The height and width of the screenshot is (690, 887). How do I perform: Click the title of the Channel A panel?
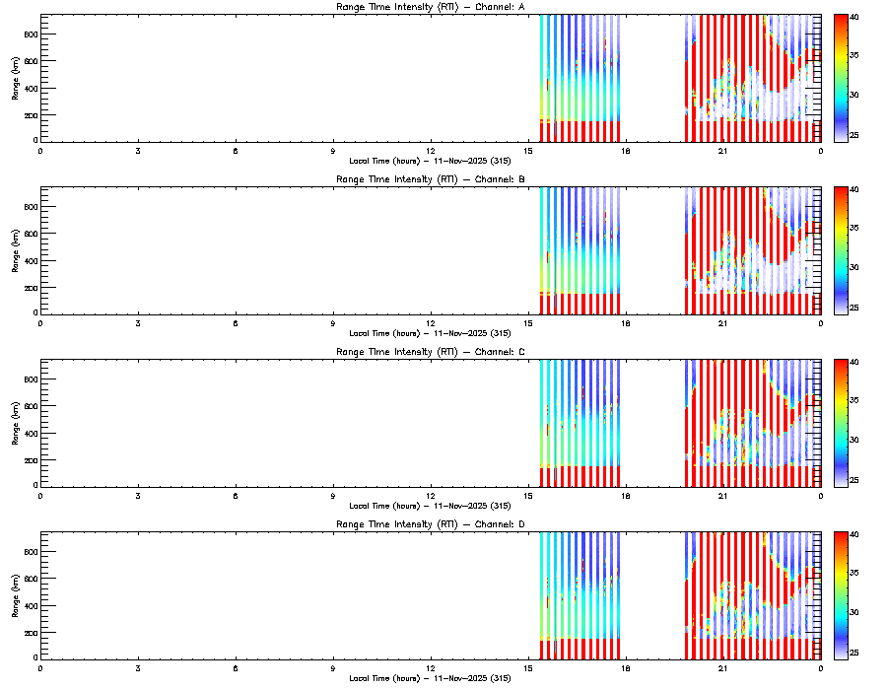[430, 8]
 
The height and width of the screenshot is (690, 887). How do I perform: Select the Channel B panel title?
[430, 180]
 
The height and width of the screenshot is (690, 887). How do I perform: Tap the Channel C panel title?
[430, 352]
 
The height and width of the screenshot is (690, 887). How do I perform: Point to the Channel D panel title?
[430, 524]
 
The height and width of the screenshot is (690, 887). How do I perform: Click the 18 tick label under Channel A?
[626, 151]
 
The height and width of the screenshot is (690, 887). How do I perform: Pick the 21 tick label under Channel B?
[723, 323]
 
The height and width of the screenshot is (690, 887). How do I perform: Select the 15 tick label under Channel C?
[528, 495]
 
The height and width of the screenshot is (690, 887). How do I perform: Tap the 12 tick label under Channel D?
[431, 667]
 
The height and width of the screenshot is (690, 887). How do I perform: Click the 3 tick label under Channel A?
[138, 151]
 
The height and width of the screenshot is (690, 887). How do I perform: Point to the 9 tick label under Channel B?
[333, 323]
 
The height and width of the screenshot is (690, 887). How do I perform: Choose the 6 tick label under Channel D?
[236, 667]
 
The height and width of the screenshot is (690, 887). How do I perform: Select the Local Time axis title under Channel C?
[430, 506]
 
